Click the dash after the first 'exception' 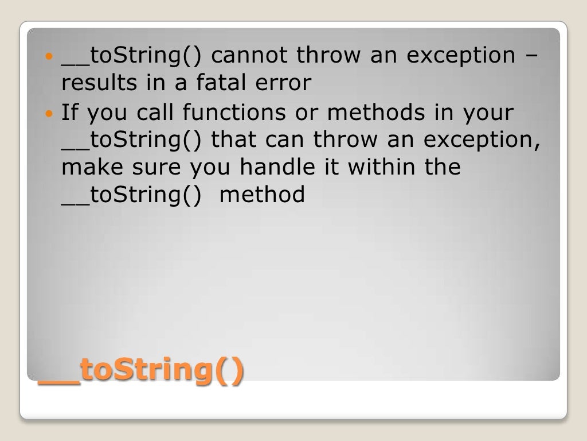pyautogui.click(x=531, y=56)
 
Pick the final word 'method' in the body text pyautogui.click(x=263, y=195)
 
